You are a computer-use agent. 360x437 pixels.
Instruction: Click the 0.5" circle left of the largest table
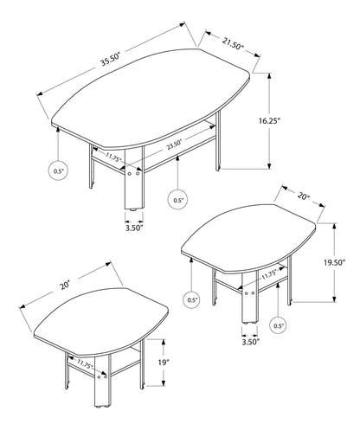click(x=58, y=171)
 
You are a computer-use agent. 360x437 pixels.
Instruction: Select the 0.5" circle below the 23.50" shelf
click(x=179, y=200)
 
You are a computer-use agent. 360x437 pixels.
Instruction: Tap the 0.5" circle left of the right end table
click(x=191, y=300)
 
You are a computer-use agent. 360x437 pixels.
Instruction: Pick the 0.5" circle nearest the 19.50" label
click(x=278, y=326)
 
